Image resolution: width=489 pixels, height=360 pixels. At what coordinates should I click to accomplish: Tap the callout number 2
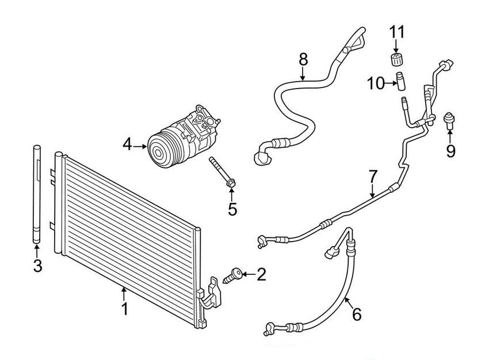tap(262, 275)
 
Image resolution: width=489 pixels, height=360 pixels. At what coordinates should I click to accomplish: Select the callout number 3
tap(37, 266)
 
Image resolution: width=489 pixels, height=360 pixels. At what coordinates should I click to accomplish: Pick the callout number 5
tap(232, 209)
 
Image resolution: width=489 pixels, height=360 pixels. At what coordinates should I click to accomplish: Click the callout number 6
tap(356, 314)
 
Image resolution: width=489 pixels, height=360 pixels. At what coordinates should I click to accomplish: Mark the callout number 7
tap(372, 176)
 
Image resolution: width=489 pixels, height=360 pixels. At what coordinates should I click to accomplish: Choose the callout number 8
tap(303, 59)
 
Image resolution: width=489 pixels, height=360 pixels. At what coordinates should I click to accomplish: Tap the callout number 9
tap(450, 151)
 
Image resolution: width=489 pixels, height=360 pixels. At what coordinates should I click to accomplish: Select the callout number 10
tap(375, 83)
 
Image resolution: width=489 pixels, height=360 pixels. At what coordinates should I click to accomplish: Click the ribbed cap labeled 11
tap(395, 60)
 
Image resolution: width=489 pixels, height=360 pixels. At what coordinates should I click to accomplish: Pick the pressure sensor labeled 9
tap(450, 120)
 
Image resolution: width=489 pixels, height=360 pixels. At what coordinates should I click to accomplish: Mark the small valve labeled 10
tap(399, 81)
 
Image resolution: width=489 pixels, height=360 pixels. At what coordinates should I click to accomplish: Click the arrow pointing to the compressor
tap(141, 146)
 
